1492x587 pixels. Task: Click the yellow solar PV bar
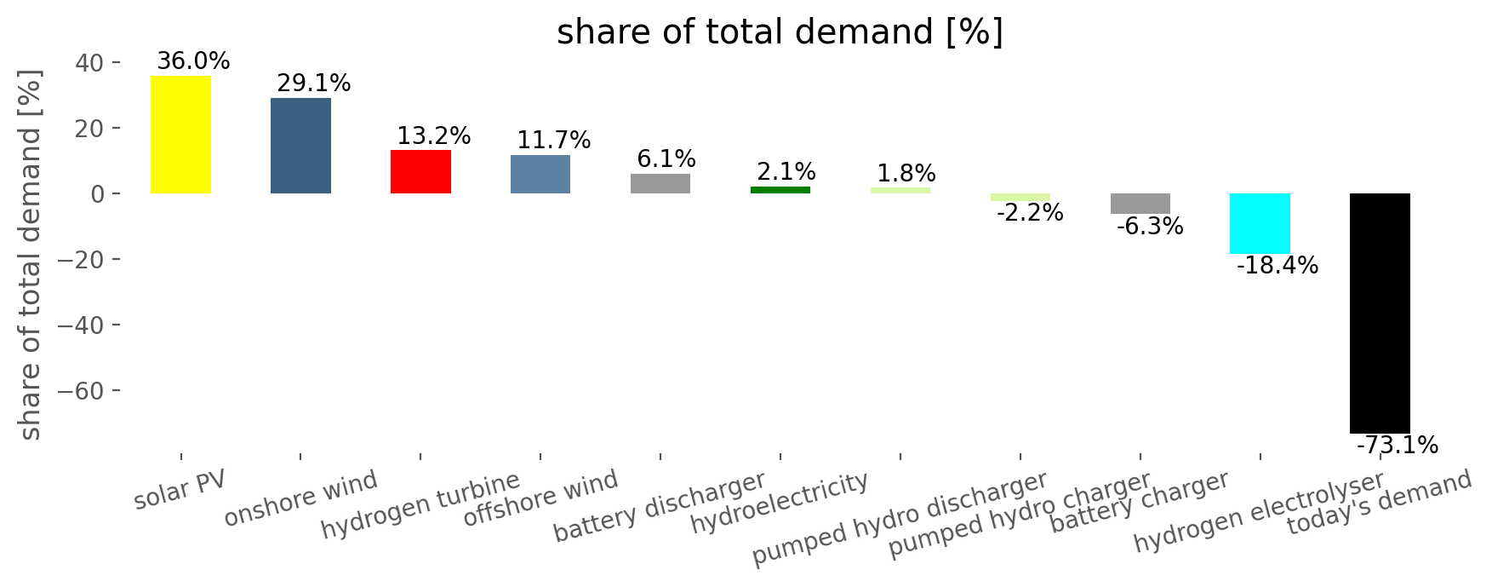tap(180, 135)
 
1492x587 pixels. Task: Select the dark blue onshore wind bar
tap(300, 146)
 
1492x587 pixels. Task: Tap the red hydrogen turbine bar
tap(420, 171)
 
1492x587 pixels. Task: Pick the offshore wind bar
tap(540, 174)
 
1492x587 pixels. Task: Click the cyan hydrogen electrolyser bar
tap(1260, 223)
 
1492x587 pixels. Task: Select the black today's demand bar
tap(1380, 313)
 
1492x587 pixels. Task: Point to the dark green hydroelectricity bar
tap(780, 189)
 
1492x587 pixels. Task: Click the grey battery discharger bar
tap(660, 183)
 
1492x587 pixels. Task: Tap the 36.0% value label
tap(193, 61)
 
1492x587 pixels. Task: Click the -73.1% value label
tap(1397, 446)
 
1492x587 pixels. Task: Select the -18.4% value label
tap(1277, 266)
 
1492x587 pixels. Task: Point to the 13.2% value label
tap(433, 136)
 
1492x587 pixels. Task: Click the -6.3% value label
tap(1149, 227)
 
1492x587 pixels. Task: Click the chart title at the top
tap(780, 32)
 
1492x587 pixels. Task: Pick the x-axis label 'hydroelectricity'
tap(779, 503)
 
